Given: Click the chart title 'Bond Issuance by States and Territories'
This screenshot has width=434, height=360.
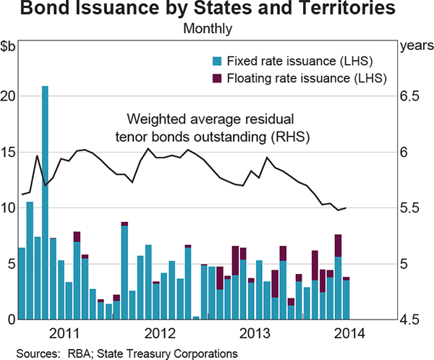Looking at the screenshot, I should [x=217, y=11].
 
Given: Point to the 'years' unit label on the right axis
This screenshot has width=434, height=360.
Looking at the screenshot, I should [x=413, y=47].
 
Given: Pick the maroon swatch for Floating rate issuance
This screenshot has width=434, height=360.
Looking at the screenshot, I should [x=216, y=77].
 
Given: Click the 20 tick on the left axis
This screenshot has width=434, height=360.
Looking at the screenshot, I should [x=8, y=96].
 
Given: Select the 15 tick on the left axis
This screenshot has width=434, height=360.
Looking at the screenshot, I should [x=8, y=152].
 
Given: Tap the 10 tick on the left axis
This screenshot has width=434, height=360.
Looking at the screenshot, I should [x=8, y=207].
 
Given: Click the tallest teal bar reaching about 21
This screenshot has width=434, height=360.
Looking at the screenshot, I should [x=45, y=202].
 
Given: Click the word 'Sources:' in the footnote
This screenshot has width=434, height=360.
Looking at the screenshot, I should [x=36, y=353].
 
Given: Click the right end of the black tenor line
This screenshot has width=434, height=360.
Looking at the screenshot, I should [x=346, y=208].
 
